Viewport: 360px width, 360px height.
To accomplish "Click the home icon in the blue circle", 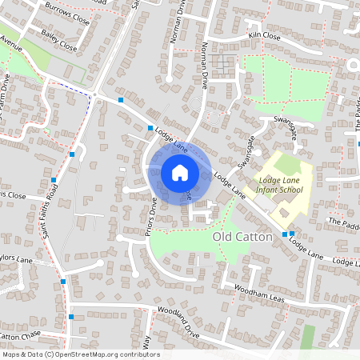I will [x=180, y=172].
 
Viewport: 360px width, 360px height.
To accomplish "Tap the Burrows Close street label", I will [x=68, y=15].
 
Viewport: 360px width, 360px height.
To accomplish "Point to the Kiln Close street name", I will [x=264, y=36].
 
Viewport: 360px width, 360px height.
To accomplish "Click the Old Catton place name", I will [x=242, y=238].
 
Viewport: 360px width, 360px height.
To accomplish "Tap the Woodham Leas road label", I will [x=262, y=294].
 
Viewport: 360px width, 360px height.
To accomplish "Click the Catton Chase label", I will [x=19, y=334].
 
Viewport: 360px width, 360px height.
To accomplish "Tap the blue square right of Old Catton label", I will [x=292, y=234].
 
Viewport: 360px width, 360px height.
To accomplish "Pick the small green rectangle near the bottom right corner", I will [x=308, y=336].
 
